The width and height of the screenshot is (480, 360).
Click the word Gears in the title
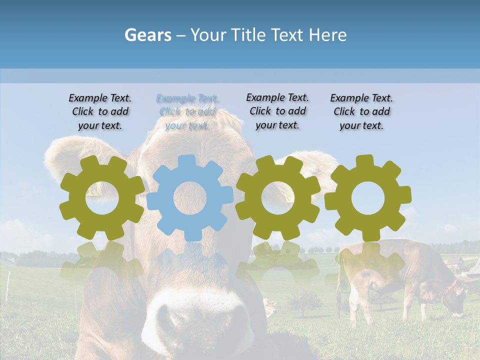(x=147, y=35)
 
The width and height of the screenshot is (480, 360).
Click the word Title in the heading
(x=285, y=35)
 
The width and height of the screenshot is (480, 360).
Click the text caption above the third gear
(x=277, y=111)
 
